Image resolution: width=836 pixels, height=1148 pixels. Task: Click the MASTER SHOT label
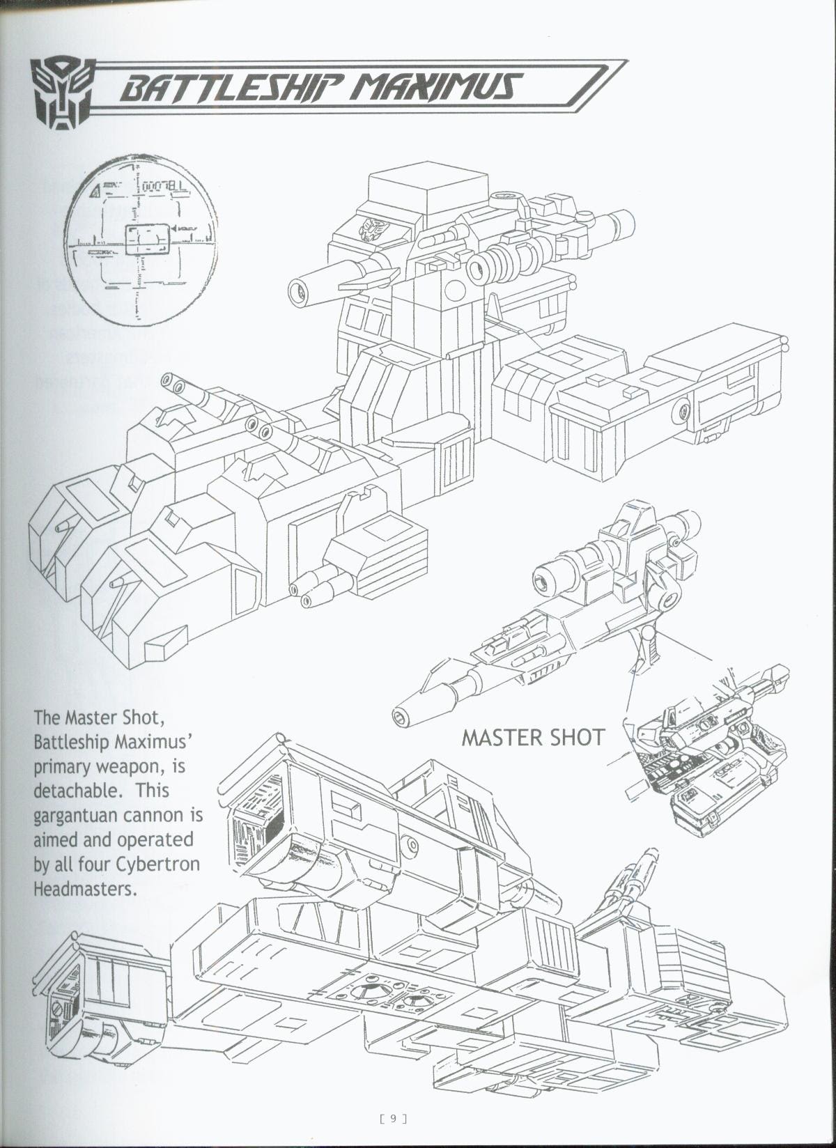click(x=533, y=737)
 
